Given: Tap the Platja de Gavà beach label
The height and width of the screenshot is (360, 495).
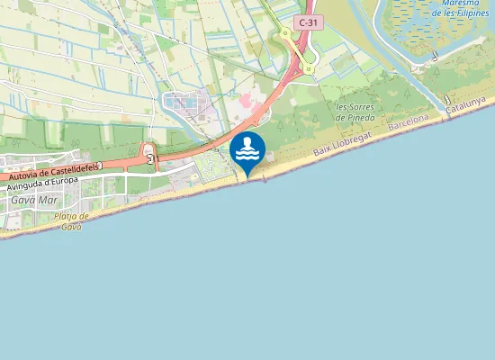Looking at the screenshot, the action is [x=71, y=220].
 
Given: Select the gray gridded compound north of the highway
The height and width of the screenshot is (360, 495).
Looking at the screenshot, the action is [x=190, y=107].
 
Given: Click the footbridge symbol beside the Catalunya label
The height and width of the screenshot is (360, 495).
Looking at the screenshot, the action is [x=445, y=100].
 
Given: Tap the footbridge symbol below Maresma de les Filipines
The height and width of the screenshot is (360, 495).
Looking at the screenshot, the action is [x=435, y=57].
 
